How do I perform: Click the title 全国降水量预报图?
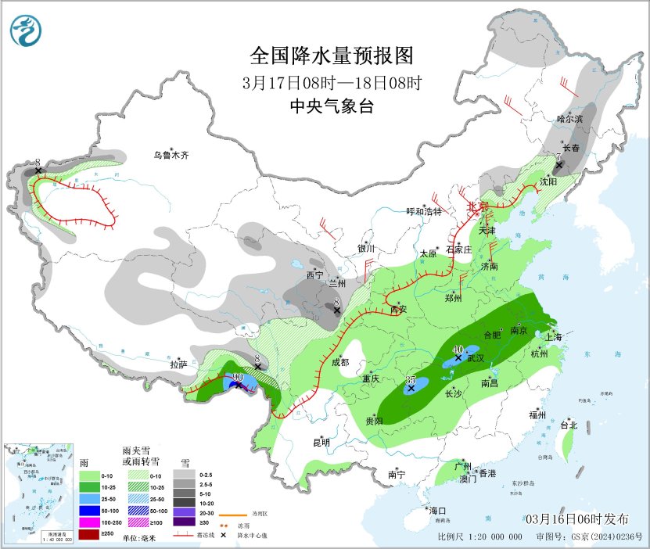pyautogui.click(x=331, y=56)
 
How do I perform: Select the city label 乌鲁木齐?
pyautogui.click(x=171, y=156)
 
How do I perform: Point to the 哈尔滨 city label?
pyautogui.click(x=570, y=119)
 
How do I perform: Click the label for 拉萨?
pyautogui.click(x=178, y=364)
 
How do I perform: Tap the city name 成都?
pyautogui.click(x=340, y=362)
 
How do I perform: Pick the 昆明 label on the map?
pyautogui.click(x=321, y=443)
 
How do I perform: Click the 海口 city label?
pyautogui.click(x=436, y=511)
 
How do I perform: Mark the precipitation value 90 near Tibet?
pyautogui.click(x=237, y=377)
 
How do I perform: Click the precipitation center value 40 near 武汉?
pyautogui.click(x=458, y=350)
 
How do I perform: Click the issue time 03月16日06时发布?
pyautogui.click(x=576, y=519)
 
